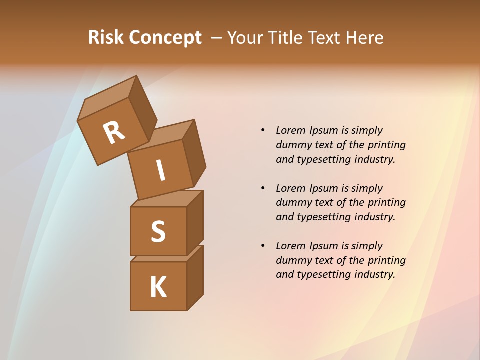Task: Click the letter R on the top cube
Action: [x=114, y=133]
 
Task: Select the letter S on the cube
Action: [x=158, y=231]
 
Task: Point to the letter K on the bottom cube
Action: [x=158, y=287]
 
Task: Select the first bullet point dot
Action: [x=263, y=130]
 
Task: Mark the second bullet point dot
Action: [x=263, y=188]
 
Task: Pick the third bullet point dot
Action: [x=263, y=246]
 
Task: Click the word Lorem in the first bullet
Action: [x=291, y=130]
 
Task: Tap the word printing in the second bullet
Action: [x=386, y=202]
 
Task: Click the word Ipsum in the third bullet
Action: [x=324, y=246]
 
